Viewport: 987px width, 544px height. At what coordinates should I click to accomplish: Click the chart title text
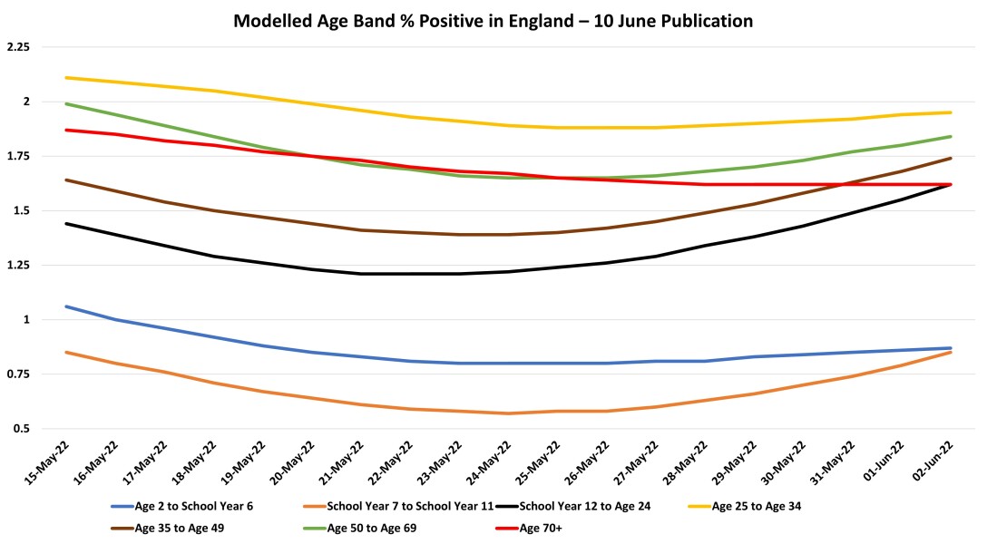[493, 20]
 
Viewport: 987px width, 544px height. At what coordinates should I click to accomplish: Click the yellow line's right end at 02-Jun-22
[951, 112]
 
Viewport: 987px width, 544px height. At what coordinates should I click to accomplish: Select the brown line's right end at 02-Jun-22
[951, 158]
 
